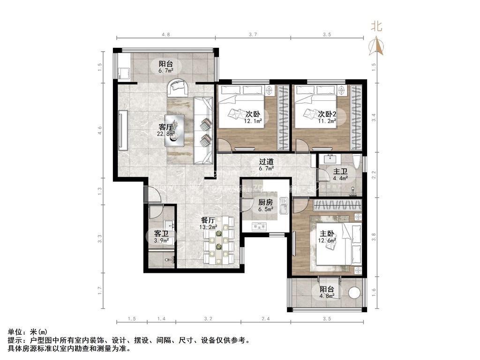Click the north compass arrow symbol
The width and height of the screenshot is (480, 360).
coord(377,45)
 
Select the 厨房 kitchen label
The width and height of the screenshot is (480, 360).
coord(265,202)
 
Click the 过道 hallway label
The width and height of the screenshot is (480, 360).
coord(266,162)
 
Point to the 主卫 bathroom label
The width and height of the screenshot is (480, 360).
coord(340,172)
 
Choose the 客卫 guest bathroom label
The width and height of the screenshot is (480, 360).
coord(155,233)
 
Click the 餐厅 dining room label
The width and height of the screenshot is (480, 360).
coord(208,220)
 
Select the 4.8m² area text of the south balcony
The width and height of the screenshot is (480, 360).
coord(327,296)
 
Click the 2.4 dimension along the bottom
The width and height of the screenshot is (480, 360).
coord(265,319)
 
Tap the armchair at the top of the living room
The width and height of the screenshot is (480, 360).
coord(178,86)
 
